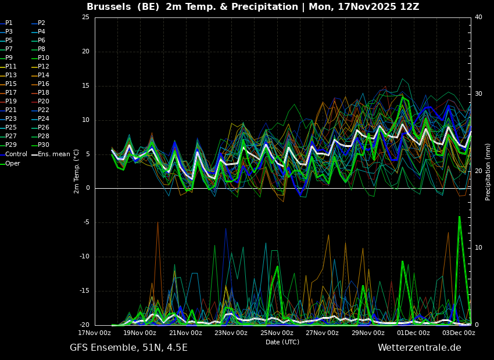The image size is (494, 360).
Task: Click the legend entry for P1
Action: coord(6,23)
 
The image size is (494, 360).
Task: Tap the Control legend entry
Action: coord(13,154)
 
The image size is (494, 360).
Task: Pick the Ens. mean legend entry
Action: coord(51,154)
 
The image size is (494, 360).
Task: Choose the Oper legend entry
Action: coord(10,164)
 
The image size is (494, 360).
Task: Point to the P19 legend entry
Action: coord(8,102)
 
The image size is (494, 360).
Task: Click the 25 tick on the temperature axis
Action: coord(85,17)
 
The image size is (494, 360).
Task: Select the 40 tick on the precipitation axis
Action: coord(478,17)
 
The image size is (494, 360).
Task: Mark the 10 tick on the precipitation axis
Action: coord(478,248)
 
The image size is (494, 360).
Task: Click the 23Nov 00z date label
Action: coord(231,333)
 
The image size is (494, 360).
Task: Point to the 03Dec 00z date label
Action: coord(459,333)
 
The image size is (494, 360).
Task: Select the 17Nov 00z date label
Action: coord(95,333)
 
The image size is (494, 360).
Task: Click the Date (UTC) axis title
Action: coord(282,342)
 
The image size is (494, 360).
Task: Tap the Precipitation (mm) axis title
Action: coord(488,172)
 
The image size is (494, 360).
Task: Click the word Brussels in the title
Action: coord(109,6)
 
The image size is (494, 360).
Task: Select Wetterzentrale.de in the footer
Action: coord(420,348)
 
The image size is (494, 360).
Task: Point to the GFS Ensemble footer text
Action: coord(103,348)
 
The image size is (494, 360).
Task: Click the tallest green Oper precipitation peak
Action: coord(459,217)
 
